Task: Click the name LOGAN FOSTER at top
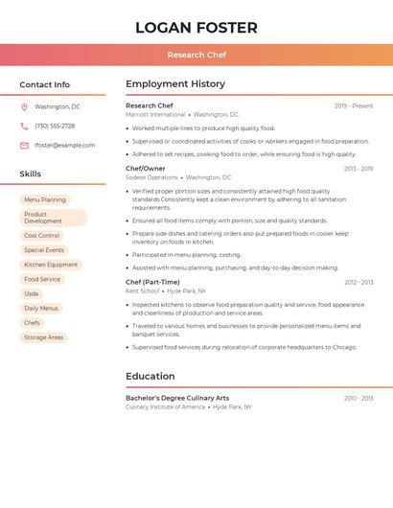[x=196, y=27]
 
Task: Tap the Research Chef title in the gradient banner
[x=196, y=55]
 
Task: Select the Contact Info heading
[x=45, y=84]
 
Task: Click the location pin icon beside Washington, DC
[x=24, y=107]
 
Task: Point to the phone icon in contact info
[x=24, y=127]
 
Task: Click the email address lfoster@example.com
[x=65, y=146]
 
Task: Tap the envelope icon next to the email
[x=24, y=146]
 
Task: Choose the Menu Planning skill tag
[x=45, y=200]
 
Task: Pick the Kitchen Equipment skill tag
[x=51, y=265]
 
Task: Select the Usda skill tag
[x=32, y=293]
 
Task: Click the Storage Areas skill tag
[x=44, y=337]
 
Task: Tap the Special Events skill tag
[x=44, y=250]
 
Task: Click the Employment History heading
[x=175, y=84]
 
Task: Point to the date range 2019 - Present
[x=354, y=106]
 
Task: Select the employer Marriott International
[x=155, y=115]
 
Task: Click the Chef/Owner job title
[x=146, y=169]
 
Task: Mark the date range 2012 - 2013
[x=358, y=283]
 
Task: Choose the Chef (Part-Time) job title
[x=152, y=283]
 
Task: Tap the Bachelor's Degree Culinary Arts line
[x=177, y=398]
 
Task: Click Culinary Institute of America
[x=165, y=406]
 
